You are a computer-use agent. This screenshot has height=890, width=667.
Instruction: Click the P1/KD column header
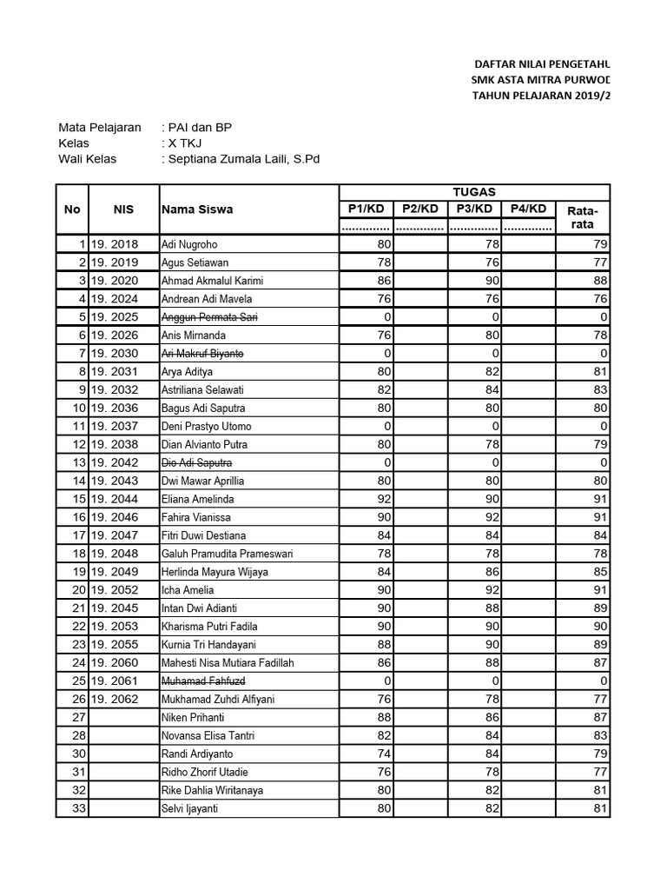click(365, 209)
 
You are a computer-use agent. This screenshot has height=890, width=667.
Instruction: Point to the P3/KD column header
click(474, 209)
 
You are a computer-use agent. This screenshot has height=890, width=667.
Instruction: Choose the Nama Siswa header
click(196, 209)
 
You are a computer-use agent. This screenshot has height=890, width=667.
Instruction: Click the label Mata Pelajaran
click(99, 128)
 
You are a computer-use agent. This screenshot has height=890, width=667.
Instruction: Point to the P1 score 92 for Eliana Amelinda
click(383, 500)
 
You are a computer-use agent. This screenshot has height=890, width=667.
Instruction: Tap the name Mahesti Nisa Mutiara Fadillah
click(228, 663)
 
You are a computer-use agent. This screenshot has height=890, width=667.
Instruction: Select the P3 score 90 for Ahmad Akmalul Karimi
click(492, 281)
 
